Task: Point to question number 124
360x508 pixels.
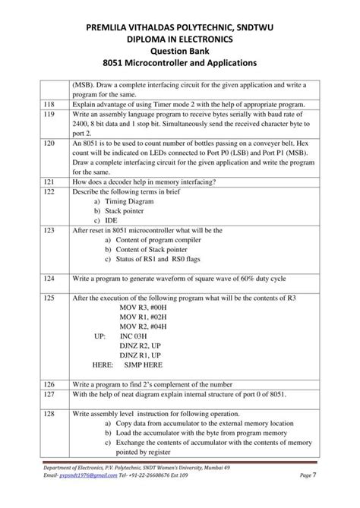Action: (50, 279)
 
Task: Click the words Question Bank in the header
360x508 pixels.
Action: (180, 50)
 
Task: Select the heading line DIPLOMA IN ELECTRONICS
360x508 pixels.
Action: (180, 37)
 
